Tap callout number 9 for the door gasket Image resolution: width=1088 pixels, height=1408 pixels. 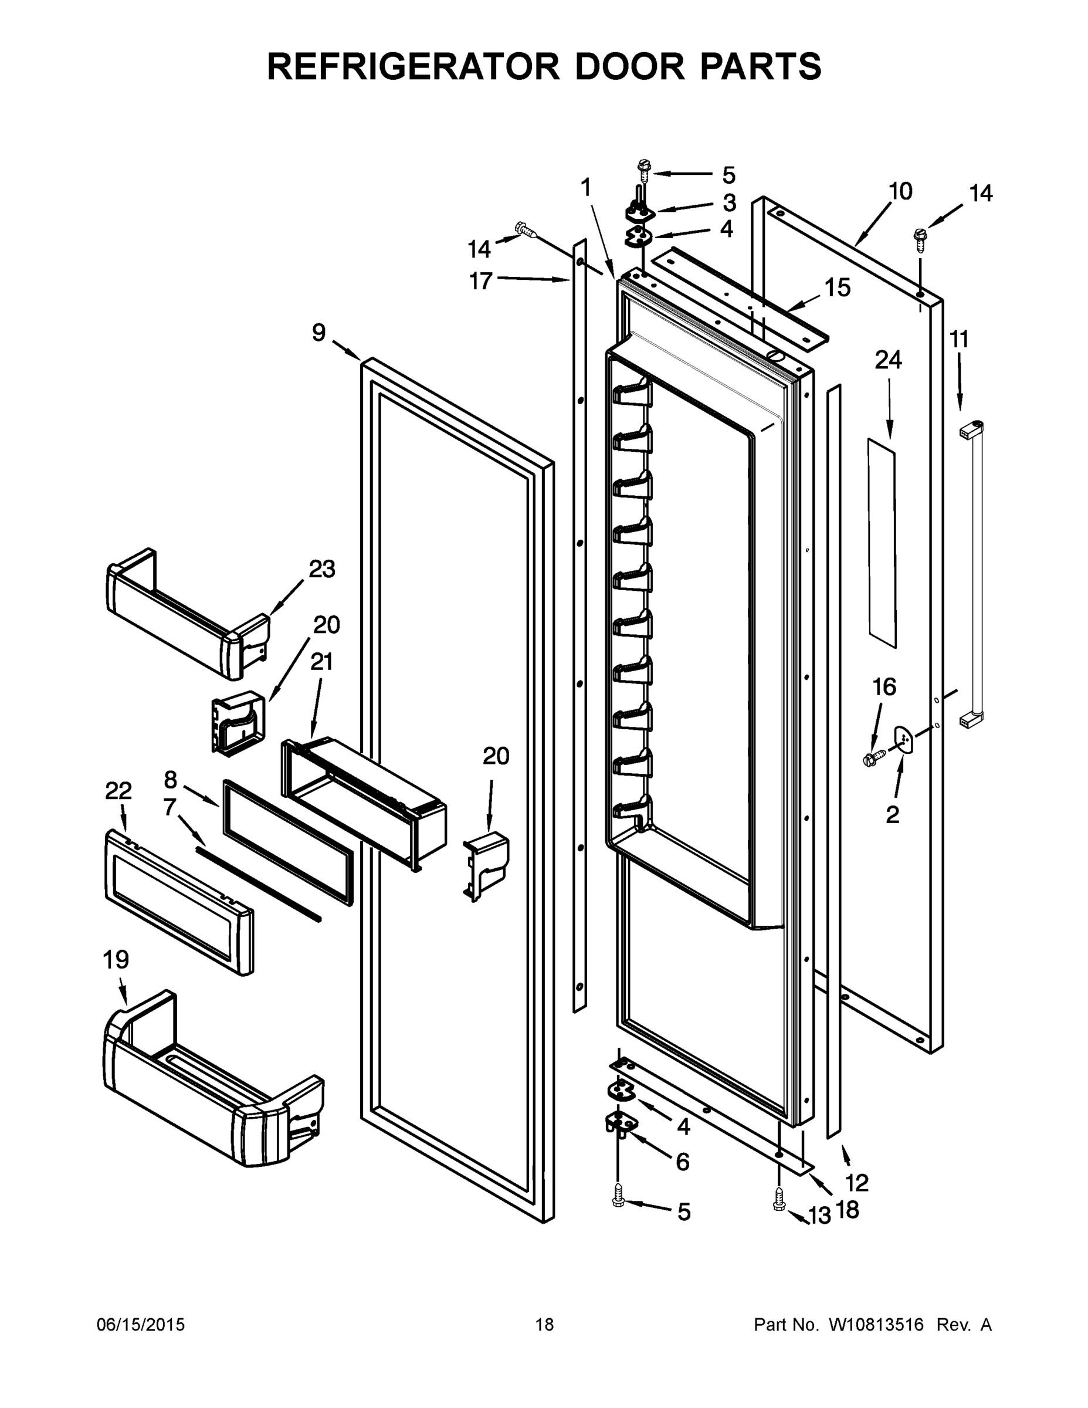click(x=318, y=333)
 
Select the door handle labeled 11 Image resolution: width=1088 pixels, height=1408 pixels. click(x=972, y=574)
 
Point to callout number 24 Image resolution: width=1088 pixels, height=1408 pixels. click(x=887, y=360)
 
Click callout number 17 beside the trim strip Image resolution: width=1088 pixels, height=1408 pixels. click(x=480, y=281)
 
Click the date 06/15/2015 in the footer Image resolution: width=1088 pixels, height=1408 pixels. click(x=141, y=1325)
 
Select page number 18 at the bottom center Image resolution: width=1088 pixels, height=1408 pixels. click(x=544, y=1325)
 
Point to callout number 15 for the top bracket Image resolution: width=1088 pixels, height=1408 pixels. click(x=838, y=287)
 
